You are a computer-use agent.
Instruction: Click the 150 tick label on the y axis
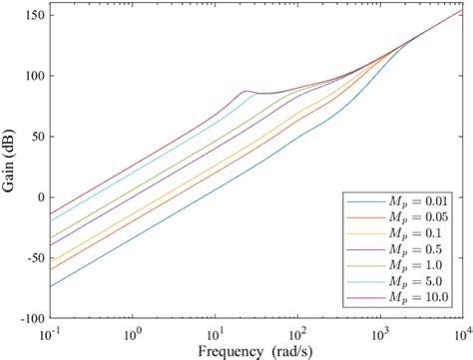point(31,15)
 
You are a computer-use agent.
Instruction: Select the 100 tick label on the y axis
point(31,76)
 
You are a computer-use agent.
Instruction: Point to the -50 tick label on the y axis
point(31,258)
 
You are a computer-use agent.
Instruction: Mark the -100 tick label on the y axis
point(27,319)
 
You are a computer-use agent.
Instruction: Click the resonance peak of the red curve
point(245,92)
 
